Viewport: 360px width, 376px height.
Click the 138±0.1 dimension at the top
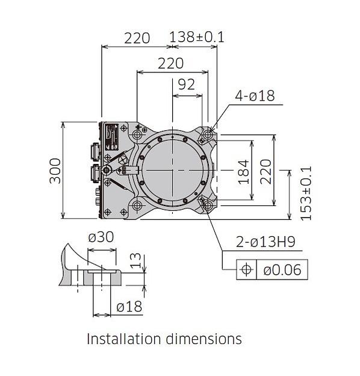196,37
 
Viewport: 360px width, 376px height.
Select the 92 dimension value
187,84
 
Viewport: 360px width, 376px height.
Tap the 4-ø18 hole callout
255,95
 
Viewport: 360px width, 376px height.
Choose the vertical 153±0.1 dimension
305,193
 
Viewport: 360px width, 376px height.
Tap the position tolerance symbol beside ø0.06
246,269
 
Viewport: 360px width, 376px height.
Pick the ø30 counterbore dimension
101,237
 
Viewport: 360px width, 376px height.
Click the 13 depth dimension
136,261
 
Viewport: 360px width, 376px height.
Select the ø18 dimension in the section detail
129,307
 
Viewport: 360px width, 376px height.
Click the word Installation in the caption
123,339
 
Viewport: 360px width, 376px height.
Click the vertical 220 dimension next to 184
265,172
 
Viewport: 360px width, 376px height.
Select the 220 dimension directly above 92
171,63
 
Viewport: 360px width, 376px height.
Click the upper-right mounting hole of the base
208,136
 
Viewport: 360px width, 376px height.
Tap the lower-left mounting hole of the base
137,205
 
